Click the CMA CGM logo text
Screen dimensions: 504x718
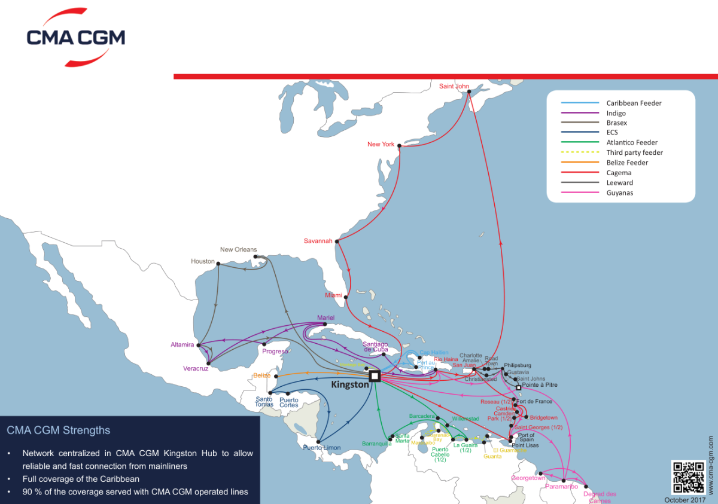(x=76, y=38)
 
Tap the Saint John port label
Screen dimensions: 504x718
(x=454, y=86)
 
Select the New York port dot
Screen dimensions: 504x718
(x=399, y=144)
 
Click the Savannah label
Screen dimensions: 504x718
(x=318, y=241)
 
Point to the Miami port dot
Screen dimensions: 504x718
(x=345, y=295)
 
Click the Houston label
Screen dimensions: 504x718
(x=202, y=261)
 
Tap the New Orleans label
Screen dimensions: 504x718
(x=238, y=250)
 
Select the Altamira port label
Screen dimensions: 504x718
(x=182, y=345)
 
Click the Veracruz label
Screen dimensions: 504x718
(x=196, y=368)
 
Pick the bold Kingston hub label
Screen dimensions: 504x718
(x=350, y=385)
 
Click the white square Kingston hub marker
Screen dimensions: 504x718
(x=375, y=375)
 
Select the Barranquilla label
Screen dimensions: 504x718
(x=376, y=444)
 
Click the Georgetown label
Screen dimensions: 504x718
(x=528, y=478)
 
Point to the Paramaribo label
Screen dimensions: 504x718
(x=562, y=487)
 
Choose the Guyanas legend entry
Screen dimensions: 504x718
(x=619, y=193)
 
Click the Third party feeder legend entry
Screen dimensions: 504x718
(x=634, y=152)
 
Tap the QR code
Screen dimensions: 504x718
(x=687, y=476)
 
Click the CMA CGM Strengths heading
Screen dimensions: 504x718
(x=58, y=430)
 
